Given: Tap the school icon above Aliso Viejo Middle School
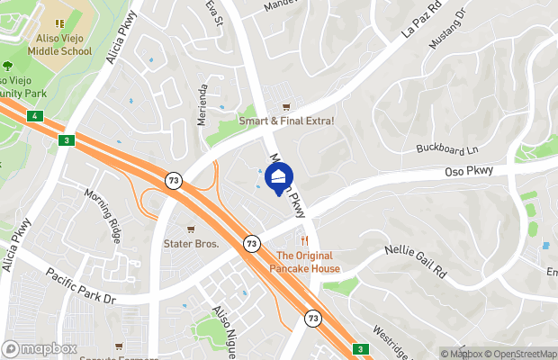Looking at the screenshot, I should tap(58, 23).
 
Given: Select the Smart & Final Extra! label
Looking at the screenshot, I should tap(286, 121).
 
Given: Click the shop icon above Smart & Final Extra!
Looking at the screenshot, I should tap(287, 106).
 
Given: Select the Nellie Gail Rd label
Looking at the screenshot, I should tap(415, 259).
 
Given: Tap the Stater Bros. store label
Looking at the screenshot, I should tap(191, 243).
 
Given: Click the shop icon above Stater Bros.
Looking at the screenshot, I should tap(191, 229).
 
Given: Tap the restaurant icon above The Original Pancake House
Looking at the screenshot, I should tap(305, 241).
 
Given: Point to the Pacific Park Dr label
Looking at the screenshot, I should tap(83, 286).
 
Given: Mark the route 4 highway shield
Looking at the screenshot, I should tap(33, 116).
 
